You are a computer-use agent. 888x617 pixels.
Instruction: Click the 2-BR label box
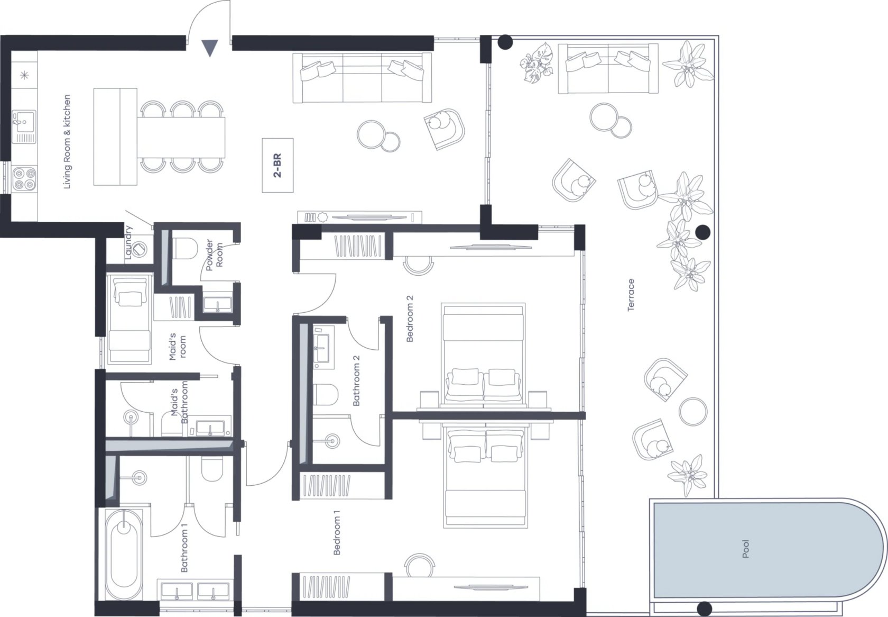pyautogui.click(x=277, y=165)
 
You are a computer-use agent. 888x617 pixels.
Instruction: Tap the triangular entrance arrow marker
pyautogui.click(x=210, y=48)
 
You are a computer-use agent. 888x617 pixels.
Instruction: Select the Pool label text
pyautogui.click(x=746, y=549)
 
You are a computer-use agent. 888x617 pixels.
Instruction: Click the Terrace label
pyautogui.click(x=631, y=295)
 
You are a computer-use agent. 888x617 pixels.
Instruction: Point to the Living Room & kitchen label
pyautogui.click(x=67, y=142)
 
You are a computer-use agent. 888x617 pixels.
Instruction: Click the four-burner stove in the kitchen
pyautogui.click(x=24, y=179)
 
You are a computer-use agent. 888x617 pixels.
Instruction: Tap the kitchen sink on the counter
pyautogui.click(x=24, y=126)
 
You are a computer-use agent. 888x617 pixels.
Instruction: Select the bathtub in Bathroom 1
pyautogui.click(x=124, y=555)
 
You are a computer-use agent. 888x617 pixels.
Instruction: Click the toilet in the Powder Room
pyautogui.click(x=185, y=249)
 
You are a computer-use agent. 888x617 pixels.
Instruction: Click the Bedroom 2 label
pyautogui.click(x=410, y=319)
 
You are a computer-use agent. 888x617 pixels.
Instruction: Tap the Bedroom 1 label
pyautogui.click(x=337, y=532)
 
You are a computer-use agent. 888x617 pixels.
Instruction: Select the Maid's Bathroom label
pyautogui.click(x=179, y=402)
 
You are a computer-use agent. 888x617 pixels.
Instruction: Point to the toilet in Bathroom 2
pyautogui.click(x=326, y=395)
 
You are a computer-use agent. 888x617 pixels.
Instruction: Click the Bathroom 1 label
pyautogui.click(x=184, y=548)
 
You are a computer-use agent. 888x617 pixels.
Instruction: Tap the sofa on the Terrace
pyautogui.click(x=608, y=69)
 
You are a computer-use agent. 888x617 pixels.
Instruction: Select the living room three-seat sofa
pyautogui.click(x=363, y=78)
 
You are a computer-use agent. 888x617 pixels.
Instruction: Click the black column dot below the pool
pyautogui.click(x=704, y=609)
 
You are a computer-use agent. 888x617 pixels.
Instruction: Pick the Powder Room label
pyautogui.click(x=215, y=255)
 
